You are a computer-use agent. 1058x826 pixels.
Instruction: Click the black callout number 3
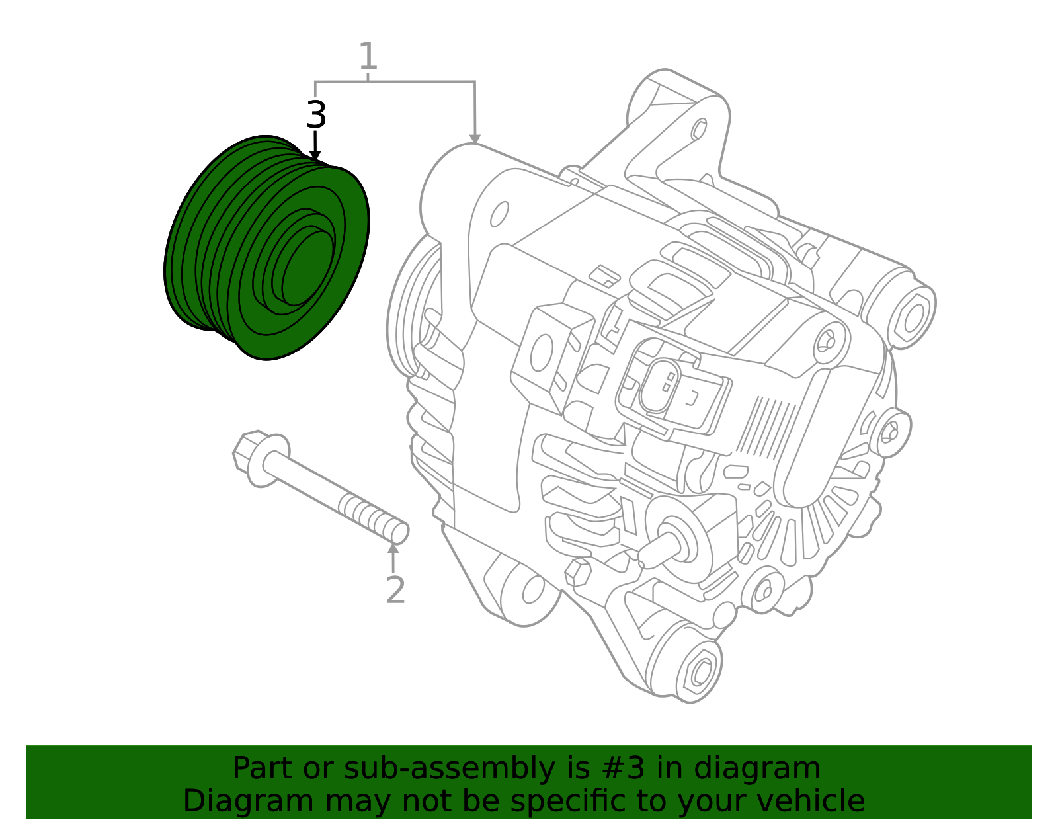316,115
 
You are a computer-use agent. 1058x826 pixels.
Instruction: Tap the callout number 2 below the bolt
395,590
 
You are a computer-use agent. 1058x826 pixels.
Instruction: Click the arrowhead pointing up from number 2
393,548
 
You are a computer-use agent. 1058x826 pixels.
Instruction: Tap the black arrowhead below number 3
315,155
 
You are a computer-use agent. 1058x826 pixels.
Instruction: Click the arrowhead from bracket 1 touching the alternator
475,138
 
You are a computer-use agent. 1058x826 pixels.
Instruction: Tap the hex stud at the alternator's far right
913,317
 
